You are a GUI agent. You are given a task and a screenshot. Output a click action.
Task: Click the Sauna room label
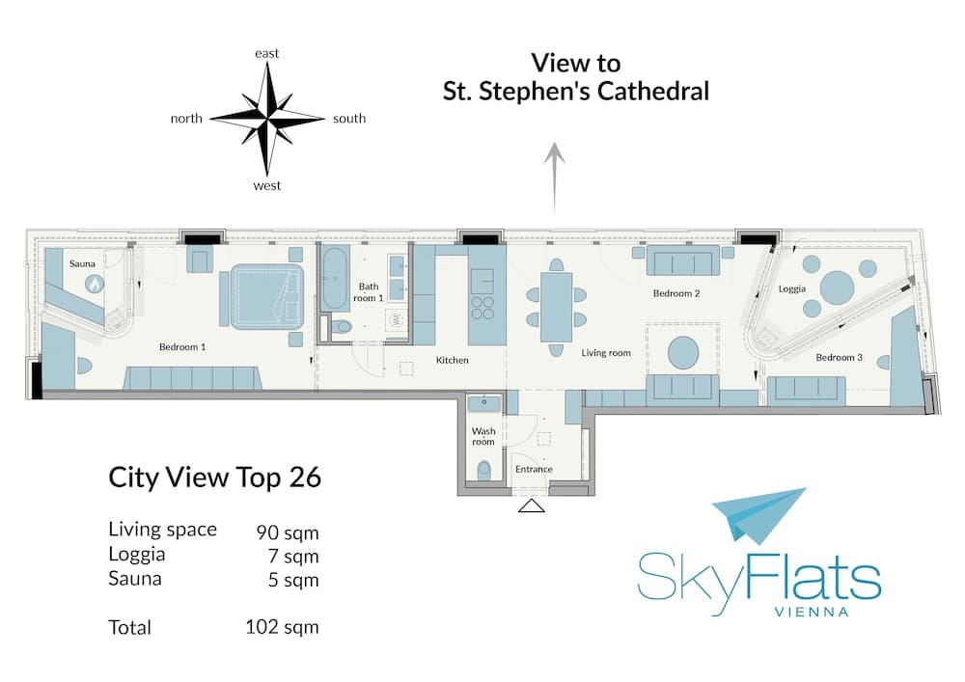coord(82,263)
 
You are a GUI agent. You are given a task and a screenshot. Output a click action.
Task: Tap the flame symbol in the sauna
coord(95,285)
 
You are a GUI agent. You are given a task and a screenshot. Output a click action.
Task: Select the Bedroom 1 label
coord(182,347)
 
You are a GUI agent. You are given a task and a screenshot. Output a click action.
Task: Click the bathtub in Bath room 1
coord(335,278)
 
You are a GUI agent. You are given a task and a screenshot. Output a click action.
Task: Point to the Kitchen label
coord(453,361)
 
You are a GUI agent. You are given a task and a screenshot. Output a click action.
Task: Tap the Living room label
coord(606,353)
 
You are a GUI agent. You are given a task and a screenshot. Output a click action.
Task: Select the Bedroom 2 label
coord(676,293)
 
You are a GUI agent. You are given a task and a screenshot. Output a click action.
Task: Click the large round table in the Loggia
coord(837,287)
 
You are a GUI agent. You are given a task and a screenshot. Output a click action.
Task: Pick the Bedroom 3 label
coord(839,357)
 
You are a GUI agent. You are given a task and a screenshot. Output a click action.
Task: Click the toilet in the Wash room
coord(484,470)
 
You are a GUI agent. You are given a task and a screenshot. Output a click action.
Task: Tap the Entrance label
coord(534,469)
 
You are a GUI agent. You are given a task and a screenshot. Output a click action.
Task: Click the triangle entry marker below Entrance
coord(532,506)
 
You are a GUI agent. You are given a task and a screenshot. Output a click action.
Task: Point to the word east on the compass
coord(267,53)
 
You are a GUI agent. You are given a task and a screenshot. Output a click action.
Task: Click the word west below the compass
coord(267,186)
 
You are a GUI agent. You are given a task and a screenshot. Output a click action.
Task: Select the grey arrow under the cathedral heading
coord(555,177)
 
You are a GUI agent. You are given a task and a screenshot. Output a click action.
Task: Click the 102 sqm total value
coord(282,627)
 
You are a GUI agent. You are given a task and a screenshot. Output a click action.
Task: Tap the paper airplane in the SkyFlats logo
coord(758,515)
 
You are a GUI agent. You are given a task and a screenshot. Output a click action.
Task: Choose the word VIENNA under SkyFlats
coord(812,612)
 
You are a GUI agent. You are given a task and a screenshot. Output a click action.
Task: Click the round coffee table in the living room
coord(683,352)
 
